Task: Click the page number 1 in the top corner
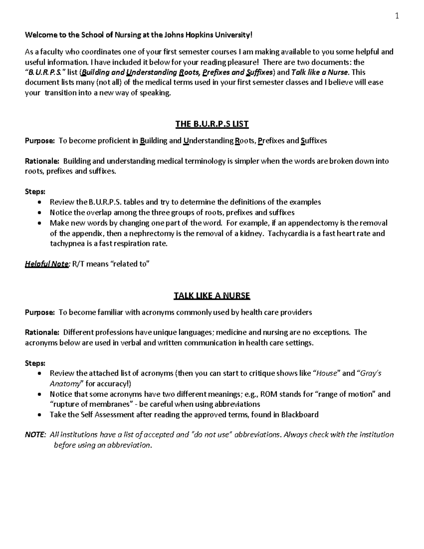coord(397,16)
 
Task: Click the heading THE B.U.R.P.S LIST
coord(212,124)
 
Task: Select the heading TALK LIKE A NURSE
coord(212,296)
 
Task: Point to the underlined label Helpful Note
coord(46,264)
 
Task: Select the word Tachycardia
coord(289,233)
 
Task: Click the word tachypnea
coord(66,244)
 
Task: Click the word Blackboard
coord(300,414)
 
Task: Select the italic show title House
coord(328,373)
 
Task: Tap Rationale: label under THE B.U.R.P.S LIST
coord(42,161)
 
